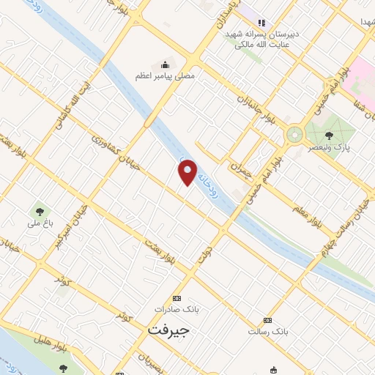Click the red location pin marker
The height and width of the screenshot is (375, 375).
pyautogui.click(x=188, y=172)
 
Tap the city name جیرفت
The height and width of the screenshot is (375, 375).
pyautogui.click(x=168, y=330)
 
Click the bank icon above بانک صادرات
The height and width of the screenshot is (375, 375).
pyautogui.click(x=176, y=298)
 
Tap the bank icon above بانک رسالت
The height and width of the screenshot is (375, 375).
pyautogui.click(x=268, y=320)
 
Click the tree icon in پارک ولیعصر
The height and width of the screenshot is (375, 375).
pyautogui.click(x=327, y=135)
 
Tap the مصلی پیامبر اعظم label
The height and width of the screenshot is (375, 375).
pyautogui.click(x=165, y=76)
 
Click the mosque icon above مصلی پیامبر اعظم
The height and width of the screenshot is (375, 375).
pyautogui.click(x=165, y=64)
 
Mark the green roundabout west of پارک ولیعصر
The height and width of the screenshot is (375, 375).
pyautogui.click(x=294, y=134)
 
